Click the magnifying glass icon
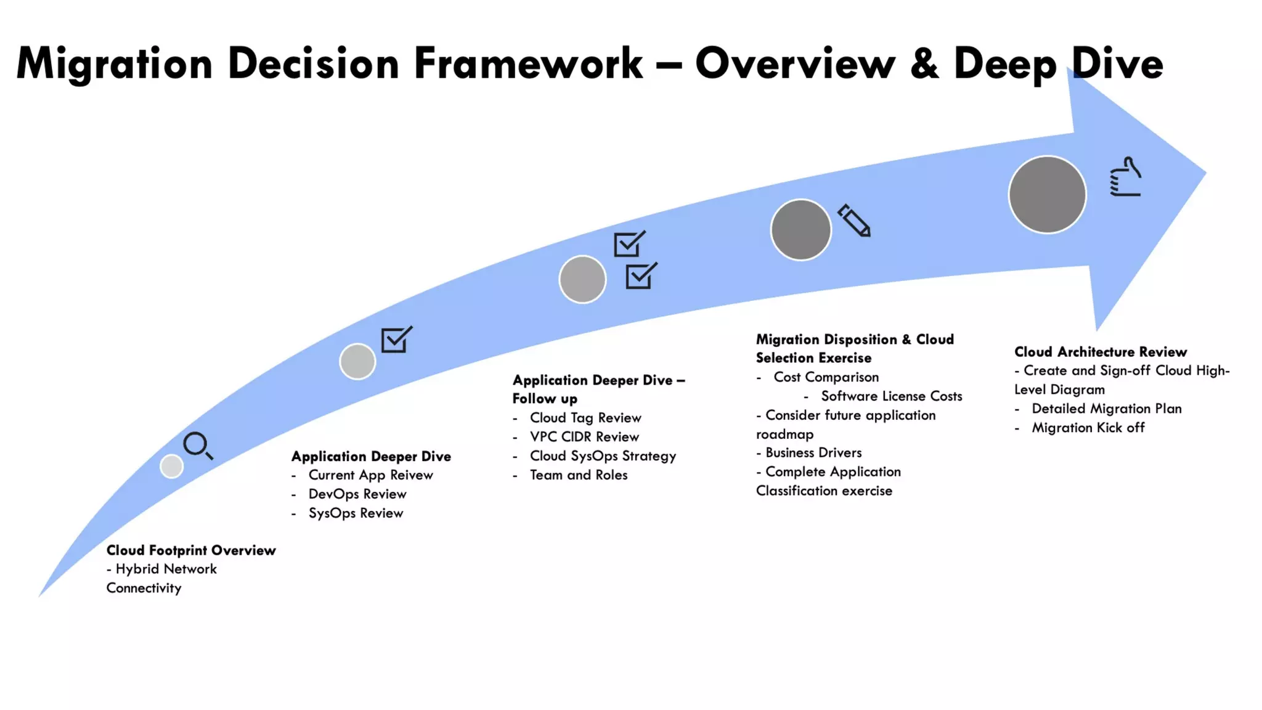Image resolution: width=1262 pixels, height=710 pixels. [197, 445]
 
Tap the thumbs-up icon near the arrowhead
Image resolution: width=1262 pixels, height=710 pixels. [1125, 177]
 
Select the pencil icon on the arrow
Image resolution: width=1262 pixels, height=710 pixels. [854, 221]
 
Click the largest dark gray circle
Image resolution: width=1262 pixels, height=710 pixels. [1047, 195]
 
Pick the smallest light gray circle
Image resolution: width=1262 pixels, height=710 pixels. [171, 466]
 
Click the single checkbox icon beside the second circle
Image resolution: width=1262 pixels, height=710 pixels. [396, 340]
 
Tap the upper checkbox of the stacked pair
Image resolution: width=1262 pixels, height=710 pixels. [629, 244]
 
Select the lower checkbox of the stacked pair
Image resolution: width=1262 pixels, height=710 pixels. [640, 276]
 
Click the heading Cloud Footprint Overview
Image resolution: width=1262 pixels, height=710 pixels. [191, 550]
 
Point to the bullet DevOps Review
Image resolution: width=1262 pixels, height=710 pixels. [357, 494]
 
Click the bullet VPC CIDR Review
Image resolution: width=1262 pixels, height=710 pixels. [584, 437]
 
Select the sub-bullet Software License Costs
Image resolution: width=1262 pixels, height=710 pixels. [891, 396]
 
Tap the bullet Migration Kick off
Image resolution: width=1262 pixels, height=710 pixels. [1088, 428]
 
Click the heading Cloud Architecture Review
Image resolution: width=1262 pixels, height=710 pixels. [1101, 352]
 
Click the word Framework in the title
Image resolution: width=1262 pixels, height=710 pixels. [528, 63]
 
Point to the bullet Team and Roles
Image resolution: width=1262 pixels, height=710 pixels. [579, 475]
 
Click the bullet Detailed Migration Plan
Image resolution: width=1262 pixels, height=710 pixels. [1107, 409]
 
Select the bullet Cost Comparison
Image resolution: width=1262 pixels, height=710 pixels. [826, 377]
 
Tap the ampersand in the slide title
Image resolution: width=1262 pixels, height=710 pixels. [924, 63]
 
